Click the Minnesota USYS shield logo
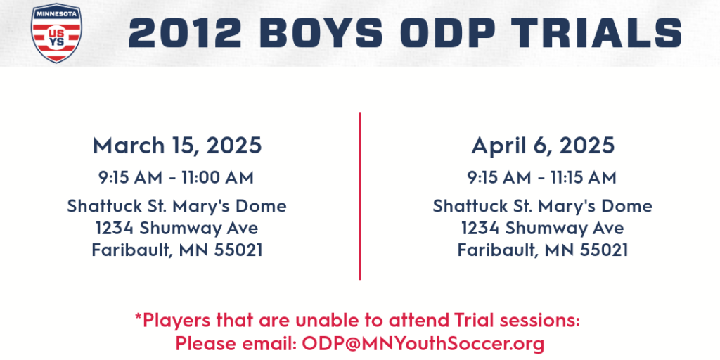click(x=56, y=33)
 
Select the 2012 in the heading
click(x=185, y=33)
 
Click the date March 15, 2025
click(x=177, y=146)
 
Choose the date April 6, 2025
click(x=543, y=146)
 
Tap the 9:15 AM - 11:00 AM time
click(x=176, y=178)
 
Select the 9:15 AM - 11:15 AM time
click(x=542, y=178)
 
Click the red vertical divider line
click(x=360, y=195)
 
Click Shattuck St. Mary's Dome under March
click(x=176, y=206)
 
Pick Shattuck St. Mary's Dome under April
click(x=542, y=206)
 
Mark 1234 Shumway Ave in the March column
click(x=176, y=229)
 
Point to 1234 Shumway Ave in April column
click(x=542, y=229)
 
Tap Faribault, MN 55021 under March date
click(x=177, y=250)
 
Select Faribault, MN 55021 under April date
click(x=543, y=250)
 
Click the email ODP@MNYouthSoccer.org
click(x=423, y=343)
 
